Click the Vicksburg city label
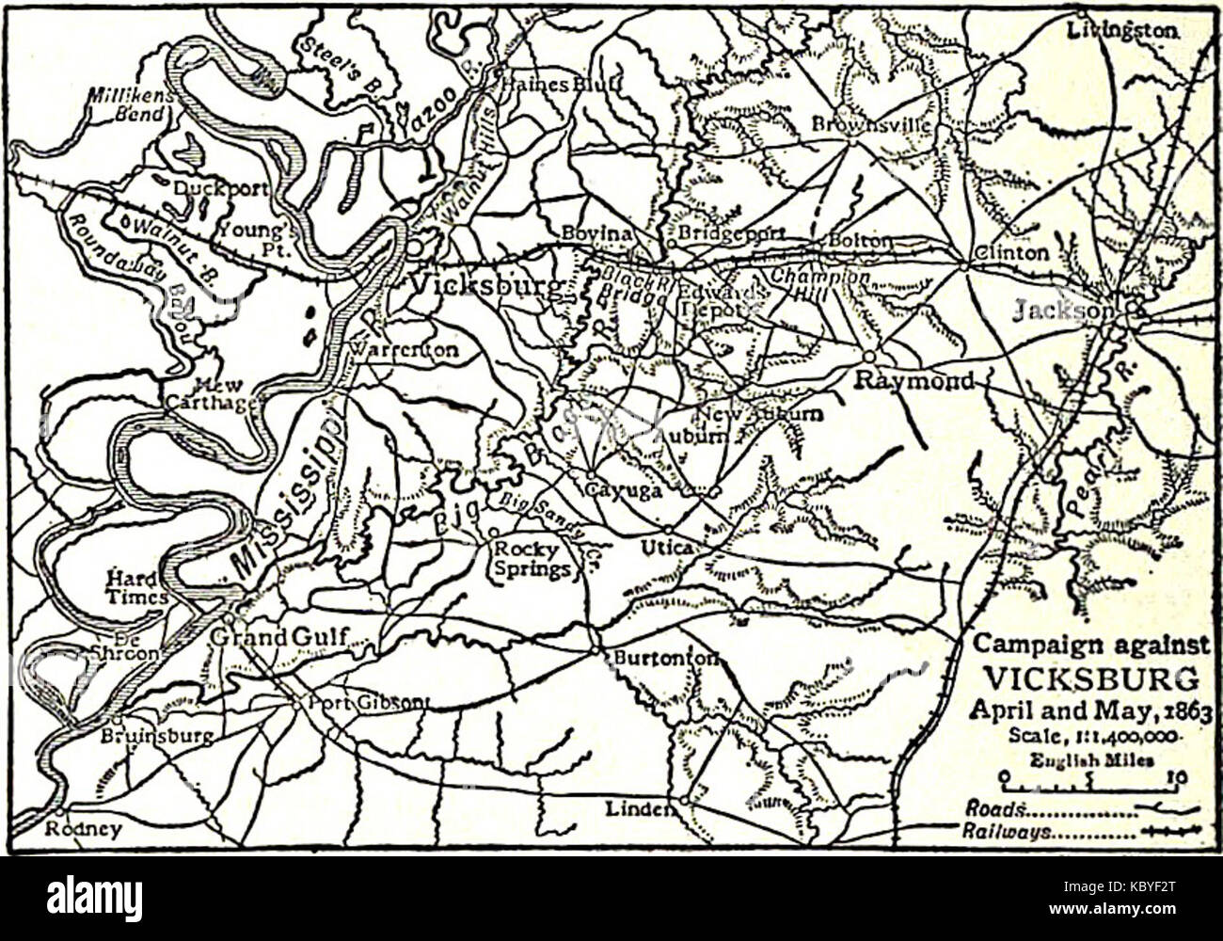tap(485, 285)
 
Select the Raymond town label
tap(913, 379)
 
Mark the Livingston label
tap(1122, 30)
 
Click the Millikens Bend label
tap(126, 104)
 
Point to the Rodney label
tap(84, 829)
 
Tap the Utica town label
tap(667, 547)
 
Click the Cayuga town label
tap(623, 490)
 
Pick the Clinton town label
tap(1012, 252)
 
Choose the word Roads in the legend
tap(993, 808)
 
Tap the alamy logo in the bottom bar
tap(94, 899)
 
